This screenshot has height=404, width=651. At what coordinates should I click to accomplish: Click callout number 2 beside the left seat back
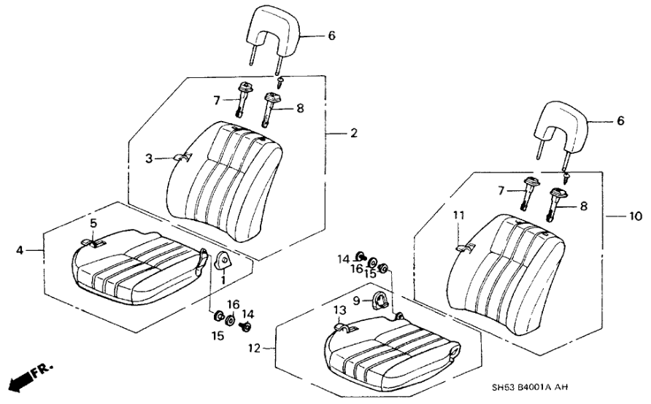tap(353, 133)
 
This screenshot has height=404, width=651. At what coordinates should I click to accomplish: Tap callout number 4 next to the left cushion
tap(20, 250)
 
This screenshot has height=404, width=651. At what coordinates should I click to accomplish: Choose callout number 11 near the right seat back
tap(458, 215)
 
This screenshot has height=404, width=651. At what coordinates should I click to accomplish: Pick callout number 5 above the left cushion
tap(93, 221)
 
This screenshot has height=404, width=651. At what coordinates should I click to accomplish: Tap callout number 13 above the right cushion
tap(338, 310)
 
